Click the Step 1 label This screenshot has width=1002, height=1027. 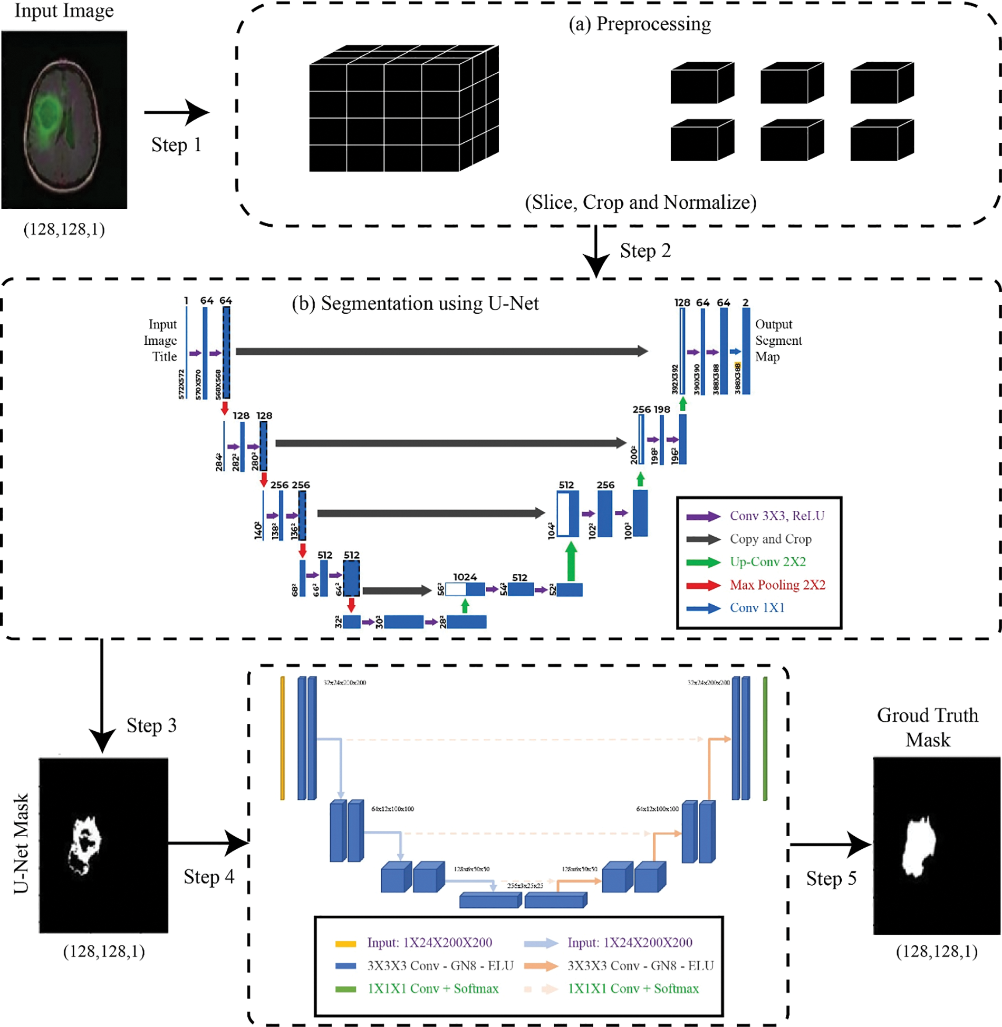(176, 145)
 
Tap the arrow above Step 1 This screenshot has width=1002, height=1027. (176, 112)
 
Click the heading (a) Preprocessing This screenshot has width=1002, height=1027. (639, 24)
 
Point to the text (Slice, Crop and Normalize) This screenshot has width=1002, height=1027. (640, 202)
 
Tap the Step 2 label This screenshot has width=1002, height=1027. (645, 251)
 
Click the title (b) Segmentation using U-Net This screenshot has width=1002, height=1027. (415, 304)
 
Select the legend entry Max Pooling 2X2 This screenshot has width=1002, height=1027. (777, 585)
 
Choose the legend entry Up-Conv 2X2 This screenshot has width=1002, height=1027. (767, 562)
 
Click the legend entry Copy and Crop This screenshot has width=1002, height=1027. (770, 539)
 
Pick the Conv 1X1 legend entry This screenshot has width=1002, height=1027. (757, 608)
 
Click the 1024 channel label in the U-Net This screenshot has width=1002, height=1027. (465, 577)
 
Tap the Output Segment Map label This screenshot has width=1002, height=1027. (777, 341)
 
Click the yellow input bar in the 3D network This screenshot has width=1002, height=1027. (283, 738)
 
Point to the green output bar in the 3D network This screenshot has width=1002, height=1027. (765, 738)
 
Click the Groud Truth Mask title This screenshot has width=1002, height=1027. (927, 728)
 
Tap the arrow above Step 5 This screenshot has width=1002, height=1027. (830, 845)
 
